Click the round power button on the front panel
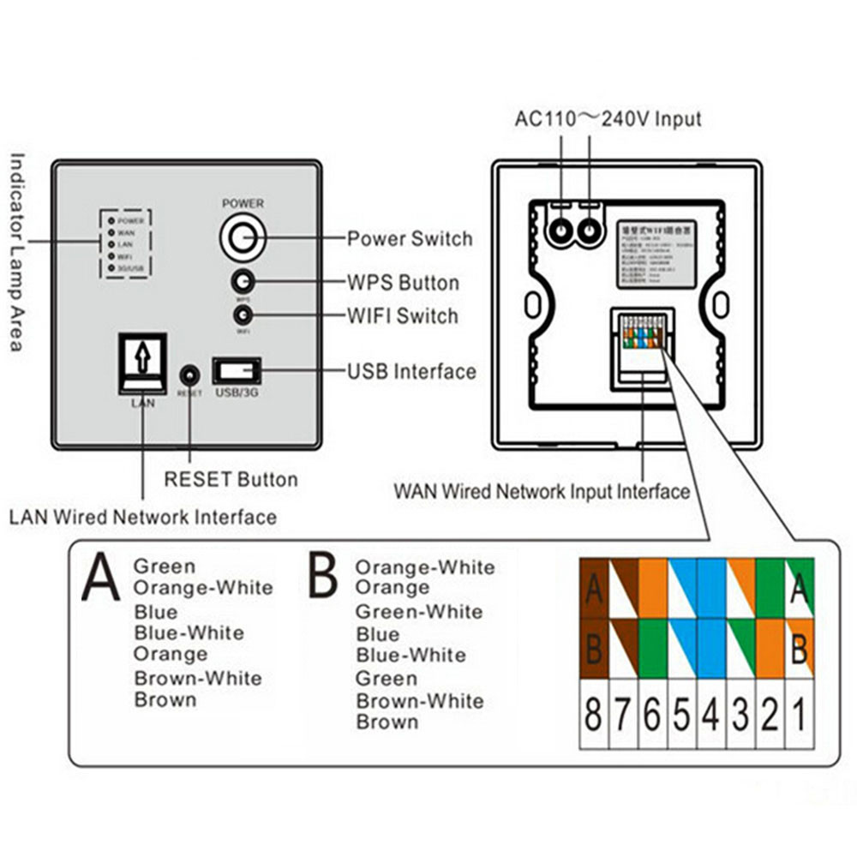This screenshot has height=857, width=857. [243, 237]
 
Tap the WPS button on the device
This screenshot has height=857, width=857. [243, 282]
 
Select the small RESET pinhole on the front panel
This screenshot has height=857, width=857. [189, 375]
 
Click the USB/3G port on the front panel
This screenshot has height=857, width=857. [237, 372]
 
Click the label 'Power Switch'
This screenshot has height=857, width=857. [410, 239]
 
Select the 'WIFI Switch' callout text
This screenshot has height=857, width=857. [402, 316]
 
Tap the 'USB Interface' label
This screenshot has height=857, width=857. [411, 372]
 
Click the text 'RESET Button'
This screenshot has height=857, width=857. [231, 479]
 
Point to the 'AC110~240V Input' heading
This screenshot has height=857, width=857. [608, 118]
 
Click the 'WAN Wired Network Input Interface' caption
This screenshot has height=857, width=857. [542, 492]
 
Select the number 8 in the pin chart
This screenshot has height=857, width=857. [593, 714]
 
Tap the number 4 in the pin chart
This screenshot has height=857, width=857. [710, 714]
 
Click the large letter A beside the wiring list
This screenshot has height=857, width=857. [101, 578]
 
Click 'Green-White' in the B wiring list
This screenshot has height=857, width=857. [419, 612]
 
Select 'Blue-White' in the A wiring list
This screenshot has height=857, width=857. [189, 633]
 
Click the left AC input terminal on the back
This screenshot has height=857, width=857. [561, 230]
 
